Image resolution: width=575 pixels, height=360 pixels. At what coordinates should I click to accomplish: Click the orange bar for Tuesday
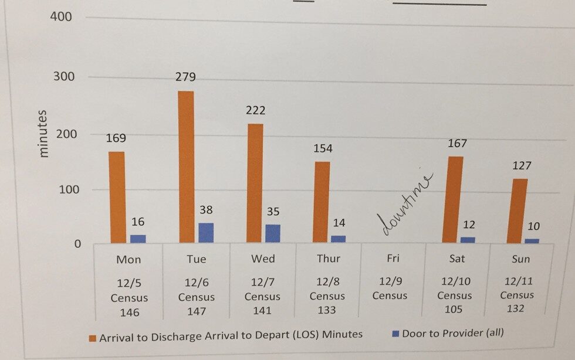(185, 167)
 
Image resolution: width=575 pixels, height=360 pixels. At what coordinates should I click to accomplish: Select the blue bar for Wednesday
(272, 233)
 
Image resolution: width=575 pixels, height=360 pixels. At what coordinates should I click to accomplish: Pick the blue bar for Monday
(138, 239)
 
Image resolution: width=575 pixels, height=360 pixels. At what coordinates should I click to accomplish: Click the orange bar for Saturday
(452, 199)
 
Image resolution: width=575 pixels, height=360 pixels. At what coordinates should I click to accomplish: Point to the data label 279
(185, 77)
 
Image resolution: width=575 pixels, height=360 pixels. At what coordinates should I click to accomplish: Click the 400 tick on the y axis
(60, 16)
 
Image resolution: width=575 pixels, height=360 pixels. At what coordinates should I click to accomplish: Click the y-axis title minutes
(44, 133)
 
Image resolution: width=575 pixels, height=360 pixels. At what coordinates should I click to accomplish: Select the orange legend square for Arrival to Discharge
(92, 337)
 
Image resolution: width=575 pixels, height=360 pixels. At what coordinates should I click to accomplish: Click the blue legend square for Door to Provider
(395, 334)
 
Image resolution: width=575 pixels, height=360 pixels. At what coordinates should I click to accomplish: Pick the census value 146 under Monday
(129, 313)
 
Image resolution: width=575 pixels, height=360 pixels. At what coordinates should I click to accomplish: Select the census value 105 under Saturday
(454, 310)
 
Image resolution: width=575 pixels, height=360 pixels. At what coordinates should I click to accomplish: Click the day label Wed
(262, 259)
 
